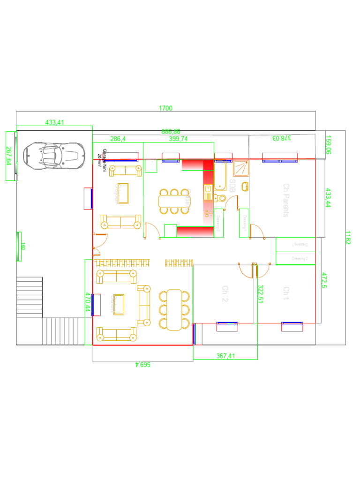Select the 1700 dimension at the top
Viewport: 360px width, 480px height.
tap(165, 108)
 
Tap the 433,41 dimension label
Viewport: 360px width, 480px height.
tap(54, 122)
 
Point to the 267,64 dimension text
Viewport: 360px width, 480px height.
tap(8, 156)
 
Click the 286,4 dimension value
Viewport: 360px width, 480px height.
tap(118, 139)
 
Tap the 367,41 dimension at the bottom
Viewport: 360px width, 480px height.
tap(225, 356)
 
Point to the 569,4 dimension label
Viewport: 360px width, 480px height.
tap(142, 365)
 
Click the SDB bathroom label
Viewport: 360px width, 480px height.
tap(232, 187)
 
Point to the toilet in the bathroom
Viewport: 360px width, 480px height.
tap(221, 199)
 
